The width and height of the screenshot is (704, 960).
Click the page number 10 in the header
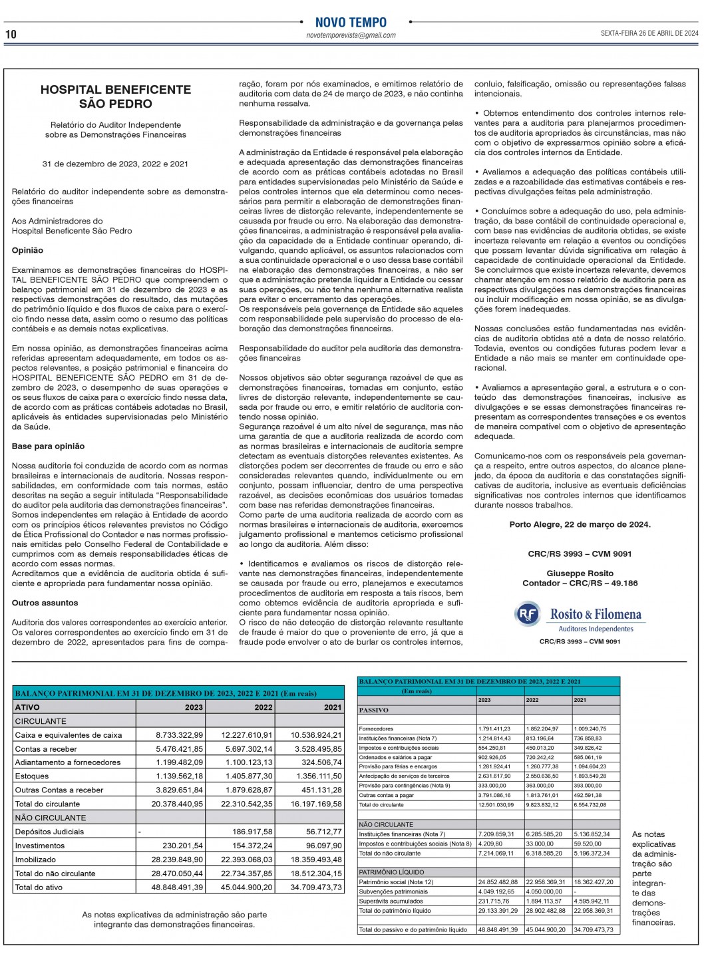tap(11, 34)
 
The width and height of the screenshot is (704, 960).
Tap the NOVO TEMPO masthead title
tap(351, 22)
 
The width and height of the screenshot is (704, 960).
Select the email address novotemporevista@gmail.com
tap(351, 36)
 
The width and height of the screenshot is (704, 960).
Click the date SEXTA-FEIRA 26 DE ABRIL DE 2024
tap(649, 33)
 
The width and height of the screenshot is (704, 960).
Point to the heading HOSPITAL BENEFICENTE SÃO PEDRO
tap(116, 96)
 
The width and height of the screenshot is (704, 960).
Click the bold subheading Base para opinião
tap(48, 446)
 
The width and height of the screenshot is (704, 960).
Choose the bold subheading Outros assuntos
tap(45, 603)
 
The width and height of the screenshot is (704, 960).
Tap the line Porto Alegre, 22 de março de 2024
tap(580, 524)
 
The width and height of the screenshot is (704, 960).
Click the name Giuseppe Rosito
tap(580, 573)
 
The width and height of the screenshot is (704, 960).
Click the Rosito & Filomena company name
tap(596, 614)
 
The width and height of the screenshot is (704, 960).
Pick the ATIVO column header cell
tap(28, 707)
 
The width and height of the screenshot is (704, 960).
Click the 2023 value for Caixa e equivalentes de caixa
tap(180, 735)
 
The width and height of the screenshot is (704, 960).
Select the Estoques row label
tap(32, 776)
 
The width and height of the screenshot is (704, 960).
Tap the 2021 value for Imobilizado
tap(316, 860)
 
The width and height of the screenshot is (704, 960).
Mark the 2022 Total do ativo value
tap(247, 887)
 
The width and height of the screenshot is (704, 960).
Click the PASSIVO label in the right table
tap(373, 710)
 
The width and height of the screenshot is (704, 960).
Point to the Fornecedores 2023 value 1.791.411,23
tap(495, 729)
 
